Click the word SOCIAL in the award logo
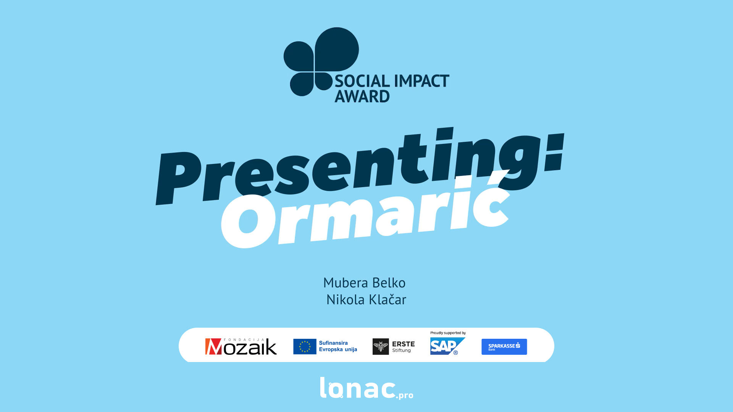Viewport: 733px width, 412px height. click(x=362, y=81)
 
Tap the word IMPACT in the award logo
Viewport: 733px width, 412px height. click(x=421, y=81)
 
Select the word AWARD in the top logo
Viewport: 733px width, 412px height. click(x=362, y=96)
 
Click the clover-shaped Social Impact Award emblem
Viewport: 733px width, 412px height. click(x=321, y=61)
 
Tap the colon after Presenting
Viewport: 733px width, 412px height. click(x=554, y=153)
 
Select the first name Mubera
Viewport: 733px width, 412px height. click(x=346, y=283)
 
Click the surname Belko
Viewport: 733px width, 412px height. click(x=389, y=283)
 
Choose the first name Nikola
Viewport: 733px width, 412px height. click(x=346, y=299)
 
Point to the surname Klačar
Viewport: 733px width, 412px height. click(x=387, y=299)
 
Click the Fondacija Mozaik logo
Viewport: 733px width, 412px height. click(x=241, y=346)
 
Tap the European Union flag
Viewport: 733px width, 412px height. click(x=305, y=346)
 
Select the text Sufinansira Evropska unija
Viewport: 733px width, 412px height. click(x=338, y=346)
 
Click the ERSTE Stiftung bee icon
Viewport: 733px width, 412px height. click(x=381, y=346)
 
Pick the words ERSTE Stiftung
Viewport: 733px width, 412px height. click(x=403, y=347)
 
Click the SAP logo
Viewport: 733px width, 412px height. click(x=447, y=346)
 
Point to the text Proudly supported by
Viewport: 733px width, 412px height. click(x=448, y=333)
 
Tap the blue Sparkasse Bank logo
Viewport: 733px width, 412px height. click(x=504, y=347)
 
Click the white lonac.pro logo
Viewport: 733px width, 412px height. click(x=366, y=388)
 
